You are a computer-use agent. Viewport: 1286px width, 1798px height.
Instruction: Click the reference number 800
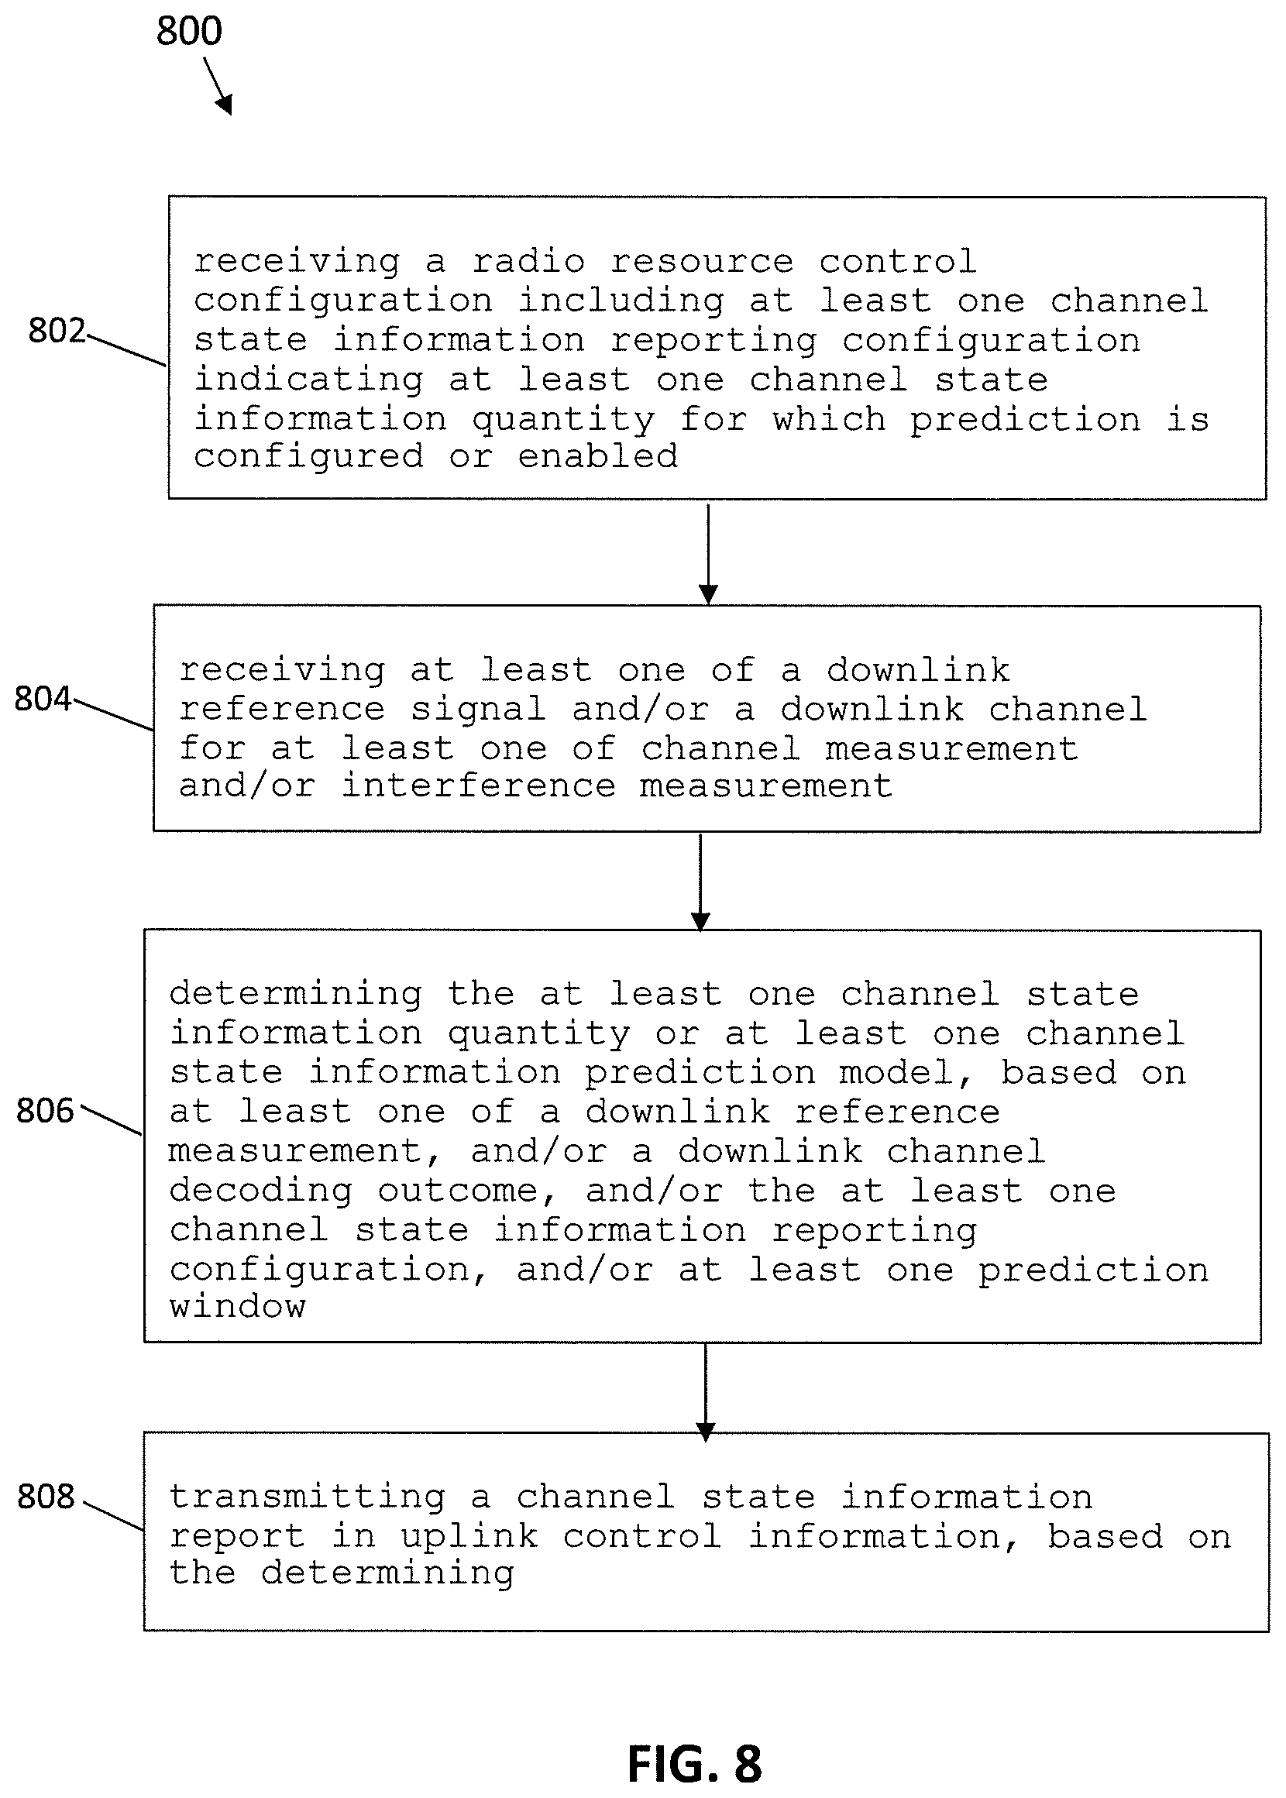[188, 31]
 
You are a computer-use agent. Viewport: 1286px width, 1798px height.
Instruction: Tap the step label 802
[57, 330]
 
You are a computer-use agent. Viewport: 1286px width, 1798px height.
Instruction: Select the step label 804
[43, 698]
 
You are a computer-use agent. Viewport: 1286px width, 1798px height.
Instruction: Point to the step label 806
[45, 1110]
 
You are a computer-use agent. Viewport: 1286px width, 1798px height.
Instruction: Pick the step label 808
[46, 1496]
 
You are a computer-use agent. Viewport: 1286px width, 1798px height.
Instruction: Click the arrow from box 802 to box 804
[708, 553]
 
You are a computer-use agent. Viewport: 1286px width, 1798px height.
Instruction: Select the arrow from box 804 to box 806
[700, 882]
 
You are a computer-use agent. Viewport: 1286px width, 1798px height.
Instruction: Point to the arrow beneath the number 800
[218, 86]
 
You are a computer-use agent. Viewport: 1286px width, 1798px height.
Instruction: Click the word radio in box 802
[528, 261]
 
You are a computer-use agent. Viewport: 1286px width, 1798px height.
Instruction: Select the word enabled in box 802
[598, 456]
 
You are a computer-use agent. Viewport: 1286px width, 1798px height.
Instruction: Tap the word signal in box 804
[478, 710]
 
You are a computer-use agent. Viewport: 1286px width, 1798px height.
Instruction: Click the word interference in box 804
[478, 786]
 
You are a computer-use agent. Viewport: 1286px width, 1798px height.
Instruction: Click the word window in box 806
[238, 1306]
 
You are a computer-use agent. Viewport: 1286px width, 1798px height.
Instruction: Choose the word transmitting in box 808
[308, 1497]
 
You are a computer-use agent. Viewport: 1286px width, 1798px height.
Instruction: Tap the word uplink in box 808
[469, 1536]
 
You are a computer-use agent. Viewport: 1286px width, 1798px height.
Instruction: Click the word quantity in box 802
[563, 420]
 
